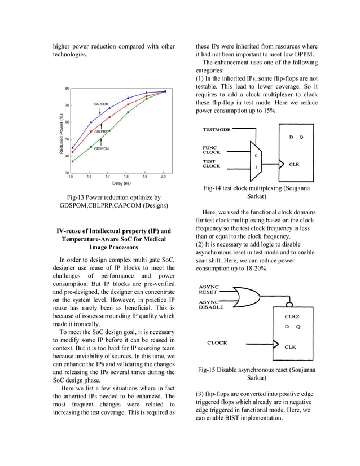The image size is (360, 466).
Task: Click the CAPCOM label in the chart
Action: (101, 104)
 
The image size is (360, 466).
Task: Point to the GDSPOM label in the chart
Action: (102, 148)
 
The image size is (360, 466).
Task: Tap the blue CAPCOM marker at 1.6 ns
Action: (91, 122)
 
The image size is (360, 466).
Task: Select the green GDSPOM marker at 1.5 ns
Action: (72, 161)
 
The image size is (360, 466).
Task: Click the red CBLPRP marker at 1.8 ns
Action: (128, 104)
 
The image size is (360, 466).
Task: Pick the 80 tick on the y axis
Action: (67, 89)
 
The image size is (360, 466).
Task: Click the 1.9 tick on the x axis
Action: (146, 177)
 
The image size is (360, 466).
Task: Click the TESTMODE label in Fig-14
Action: (217, 130)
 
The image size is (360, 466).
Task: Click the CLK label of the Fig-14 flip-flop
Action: (294, 165)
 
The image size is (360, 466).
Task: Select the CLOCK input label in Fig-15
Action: (217, 342)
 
